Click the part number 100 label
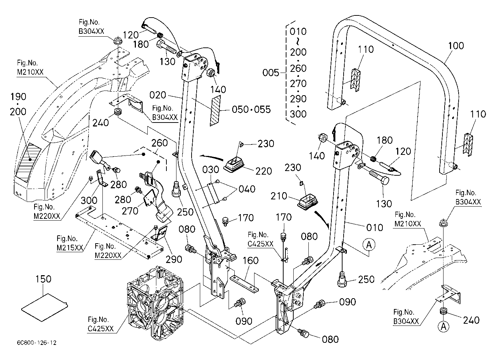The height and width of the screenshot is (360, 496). (x=456, y=46)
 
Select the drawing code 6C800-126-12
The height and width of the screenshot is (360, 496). (x=37, y=343)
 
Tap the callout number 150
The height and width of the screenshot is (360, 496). (x=43, y=279)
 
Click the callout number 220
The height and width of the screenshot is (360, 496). (x=263, y=171)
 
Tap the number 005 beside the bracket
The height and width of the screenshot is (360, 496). (x=271, y=73)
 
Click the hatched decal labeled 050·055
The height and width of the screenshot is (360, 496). (x=215, y=111)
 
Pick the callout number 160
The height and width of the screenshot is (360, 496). (x=251, y=260)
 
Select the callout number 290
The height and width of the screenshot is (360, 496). (x=174, y=259)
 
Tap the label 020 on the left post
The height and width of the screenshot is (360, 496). (x=158, y=95)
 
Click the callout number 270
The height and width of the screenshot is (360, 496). (x=130, y=211)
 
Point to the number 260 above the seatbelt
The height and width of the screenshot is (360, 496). (x=160, y=143)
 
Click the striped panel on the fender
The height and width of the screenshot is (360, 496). (x=28, y=162)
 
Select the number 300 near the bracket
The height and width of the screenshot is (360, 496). (x=89, y=200)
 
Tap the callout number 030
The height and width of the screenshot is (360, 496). (x=211, y=170)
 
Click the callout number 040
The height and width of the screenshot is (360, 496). (x=247, y=189)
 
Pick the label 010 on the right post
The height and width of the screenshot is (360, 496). (x=375, y=227)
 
